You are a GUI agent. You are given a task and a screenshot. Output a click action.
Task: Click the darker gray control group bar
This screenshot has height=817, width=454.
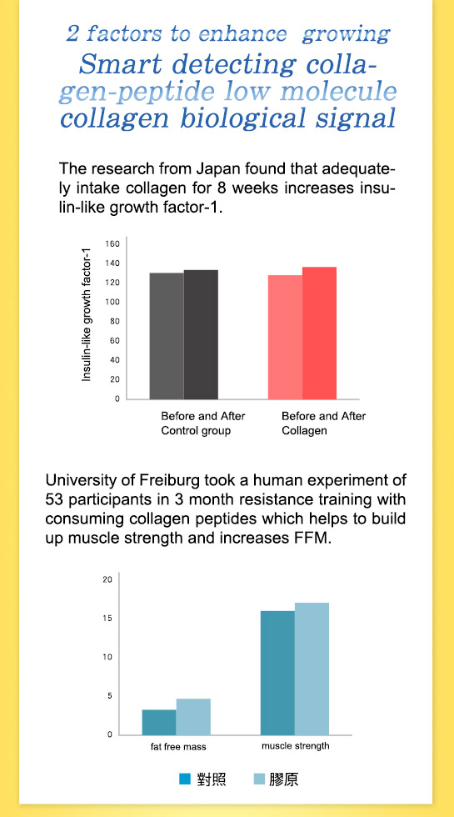click(201, 334)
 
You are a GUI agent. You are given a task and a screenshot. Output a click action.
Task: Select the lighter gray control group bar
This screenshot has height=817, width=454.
click(167, 336)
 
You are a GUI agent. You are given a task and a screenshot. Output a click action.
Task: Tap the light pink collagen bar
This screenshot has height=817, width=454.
click(285, 337)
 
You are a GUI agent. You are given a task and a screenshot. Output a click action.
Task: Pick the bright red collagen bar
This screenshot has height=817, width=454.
click(319, 333)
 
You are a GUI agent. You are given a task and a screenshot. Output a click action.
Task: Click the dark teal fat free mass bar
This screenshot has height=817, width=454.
click(159, 722)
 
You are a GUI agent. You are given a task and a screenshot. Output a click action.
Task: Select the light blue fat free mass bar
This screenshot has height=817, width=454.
click(193, 717)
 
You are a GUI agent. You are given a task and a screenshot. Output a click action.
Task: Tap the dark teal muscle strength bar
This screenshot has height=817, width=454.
click(277, 673)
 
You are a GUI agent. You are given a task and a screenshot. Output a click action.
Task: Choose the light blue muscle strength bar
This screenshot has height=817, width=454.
click(312, 669)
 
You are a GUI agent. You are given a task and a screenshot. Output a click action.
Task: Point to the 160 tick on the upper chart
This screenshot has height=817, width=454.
click(115, 243)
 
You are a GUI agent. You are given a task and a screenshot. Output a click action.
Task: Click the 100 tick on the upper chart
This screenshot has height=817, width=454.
click(115, 302)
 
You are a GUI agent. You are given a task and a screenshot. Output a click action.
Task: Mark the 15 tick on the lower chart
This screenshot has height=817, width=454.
click(107, 618)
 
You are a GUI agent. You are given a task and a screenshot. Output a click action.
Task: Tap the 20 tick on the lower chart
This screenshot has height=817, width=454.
click(107, 579)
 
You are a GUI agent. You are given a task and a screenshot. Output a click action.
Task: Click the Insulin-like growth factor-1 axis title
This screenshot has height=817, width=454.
click(87, 313)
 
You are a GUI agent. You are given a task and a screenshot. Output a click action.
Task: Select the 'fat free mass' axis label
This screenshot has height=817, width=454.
click(178, 747)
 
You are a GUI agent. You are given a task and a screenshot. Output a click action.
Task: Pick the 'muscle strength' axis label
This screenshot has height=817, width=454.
click(296, 745)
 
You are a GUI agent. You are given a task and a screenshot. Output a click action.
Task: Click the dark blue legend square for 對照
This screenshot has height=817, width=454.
click(185, 779)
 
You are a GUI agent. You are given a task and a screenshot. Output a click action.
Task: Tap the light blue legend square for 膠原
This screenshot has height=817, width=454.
click(259, 779)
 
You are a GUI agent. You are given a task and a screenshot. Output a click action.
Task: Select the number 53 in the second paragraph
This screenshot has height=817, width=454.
click(53, 500)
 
